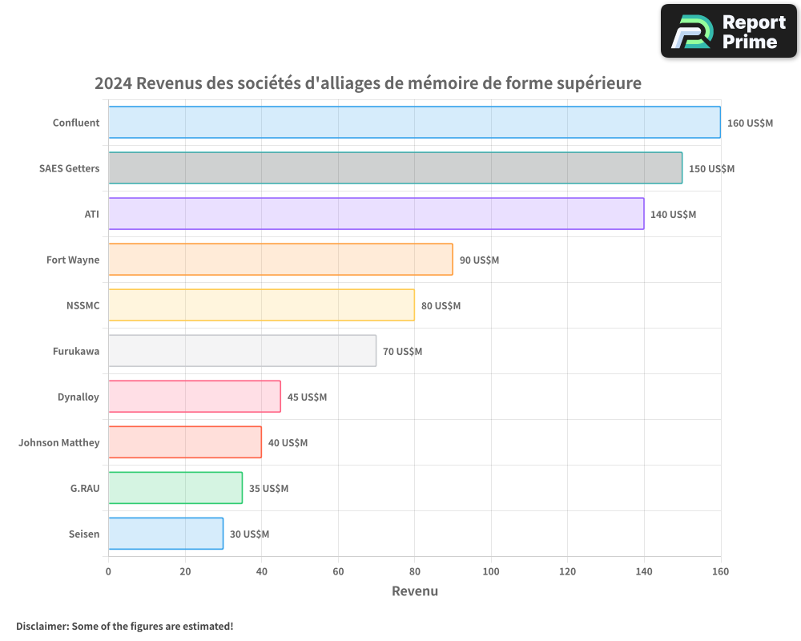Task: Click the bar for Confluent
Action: coord(414,123)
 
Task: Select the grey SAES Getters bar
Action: coord(395,168)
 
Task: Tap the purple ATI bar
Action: coord(376,214)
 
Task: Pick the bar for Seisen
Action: coord(166,534)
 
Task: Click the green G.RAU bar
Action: coord(175,488)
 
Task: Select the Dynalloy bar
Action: coord(195,397)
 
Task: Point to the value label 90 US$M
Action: coord(479,260)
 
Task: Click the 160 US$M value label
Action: coord(750,123)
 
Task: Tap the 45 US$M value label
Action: coord(307,397)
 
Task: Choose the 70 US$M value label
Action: coord(402,352)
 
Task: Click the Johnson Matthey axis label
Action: coord(59,442)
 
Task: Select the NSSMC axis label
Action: coord(83,305)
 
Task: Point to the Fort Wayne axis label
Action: coord(73,260)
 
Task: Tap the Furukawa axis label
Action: coord(76,351)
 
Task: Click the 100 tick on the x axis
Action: coord(491,571)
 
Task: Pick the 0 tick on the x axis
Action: coord(108,571)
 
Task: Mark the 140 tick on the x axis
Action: coord(644,571)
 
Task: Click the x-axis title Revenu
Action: coord(415,591)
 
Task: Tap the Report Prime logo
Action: coord(729,31)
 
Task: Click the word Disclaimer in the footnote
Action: coord(41,626)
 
